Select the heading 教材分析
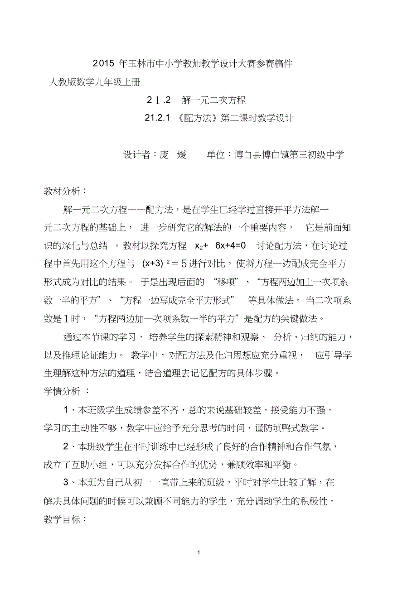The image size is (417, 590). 62,191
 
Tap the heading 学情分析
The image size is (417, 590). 62,391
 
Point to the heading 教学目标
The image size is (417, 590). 62,520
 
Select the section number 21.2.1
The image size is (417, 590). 157,119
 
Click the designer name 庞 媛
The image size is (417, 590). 173,155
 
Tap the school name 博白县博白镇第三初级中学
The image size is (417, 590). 289,155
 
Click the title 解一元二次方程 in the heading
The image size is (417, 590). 213,101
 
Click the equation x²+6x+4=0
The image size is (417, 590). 220,246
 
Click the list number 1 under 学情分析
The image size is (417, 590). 66,410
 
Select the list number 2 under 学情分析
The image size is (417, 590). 66,447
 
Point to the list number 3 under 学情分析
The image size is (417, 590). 66,483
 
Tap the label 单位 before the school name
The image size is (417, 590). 216,155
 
